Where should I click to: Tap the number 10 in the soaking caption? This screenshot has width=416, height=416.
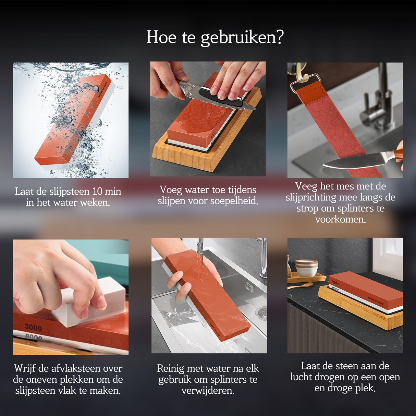pos(97,191)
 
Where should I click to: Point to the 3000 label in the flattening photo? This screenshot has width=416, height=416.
pos(33,328)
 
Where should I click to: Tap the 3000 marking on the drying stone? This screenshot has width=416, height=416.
pos(336,283)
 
